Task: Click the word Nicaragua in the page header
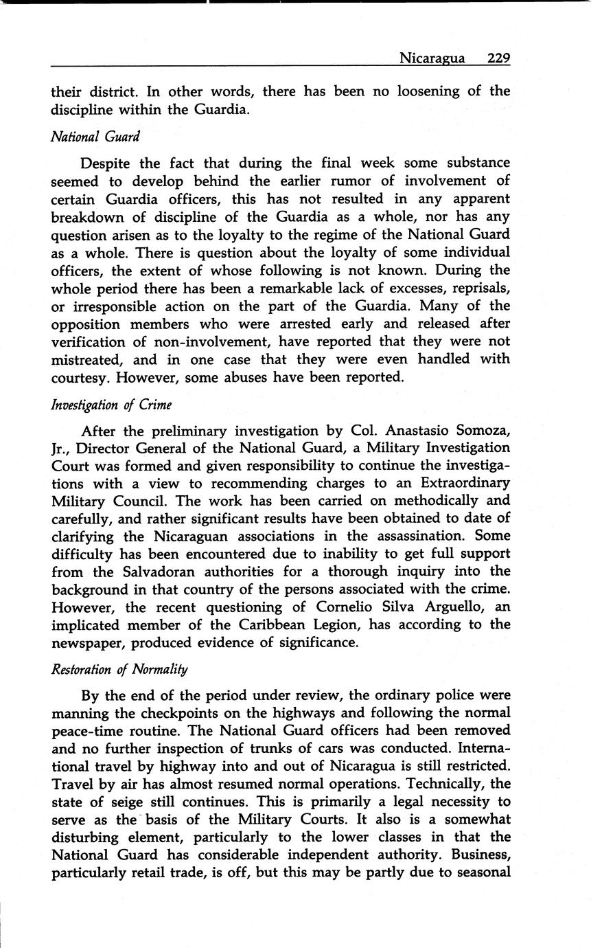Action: (432, 58)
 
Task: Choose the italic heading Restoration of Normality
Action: (119, 668)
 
